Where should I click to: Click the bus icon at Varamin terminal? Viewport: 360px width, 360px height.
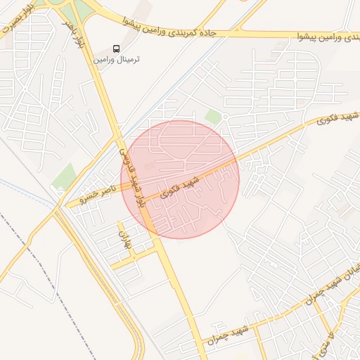click(x=116, y=49)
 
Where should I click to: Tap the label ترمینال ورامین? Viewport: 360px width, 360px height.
click(x=117, y=60)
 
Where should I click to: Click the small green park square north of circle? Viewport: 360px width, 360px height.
click(x=212, y=116)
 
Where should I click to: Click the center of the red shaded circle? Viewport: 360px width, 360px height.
click(x=181, y=179)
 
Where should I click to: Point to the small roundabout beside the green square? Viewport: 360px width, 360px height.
click(x=225, y=117)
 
